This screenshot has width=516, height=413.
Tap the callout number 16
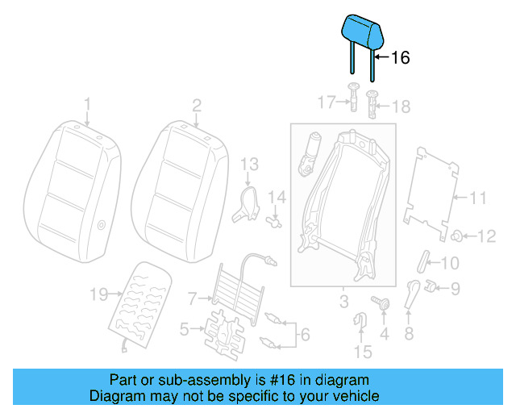point(401,58)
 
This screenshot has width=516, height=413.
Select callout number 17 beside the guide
point(326,102)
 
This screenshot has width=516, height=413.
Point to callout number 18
point(401,106)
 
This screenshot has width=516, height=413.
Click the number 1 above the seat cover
point(88,104)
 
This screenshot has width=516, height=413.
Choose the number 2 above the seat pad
point(196,104)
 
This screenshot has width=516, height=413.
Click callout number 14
point(277,196)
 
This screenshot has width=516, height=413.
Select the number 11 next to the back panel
point(479,196)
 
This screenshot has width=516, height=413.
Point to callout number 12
point(486,236)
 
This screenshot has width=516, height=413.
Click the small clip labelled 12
point(456,236)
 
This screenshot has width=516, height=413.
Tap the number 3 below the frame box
point(343,303)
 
